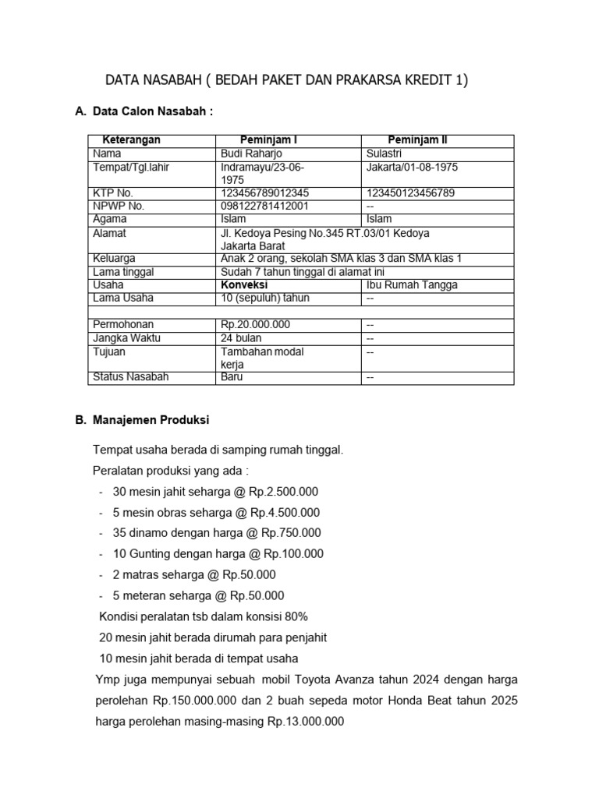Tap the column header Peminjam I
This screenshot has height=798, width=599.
coord(268,140)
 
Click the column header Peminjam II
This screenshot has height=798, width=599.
coord(417,140)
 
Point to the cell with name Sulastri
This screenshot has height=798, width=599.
coord(388,154)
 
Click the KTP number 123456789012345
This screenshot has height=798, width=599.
coord(265,192)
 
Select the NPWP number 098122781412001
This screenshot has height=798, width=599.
coord(265,206)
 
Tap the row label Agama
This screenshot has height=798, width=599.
coord(109,219)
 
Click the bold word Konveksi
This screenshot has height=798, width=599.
coord(246,284)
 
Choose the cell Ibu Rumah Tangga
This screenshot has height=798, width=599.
coord(412,284)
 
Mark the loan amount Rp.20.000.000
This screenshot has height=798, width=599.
coord(256,324)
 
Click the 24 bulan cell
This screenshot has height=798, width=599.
coord(242,338)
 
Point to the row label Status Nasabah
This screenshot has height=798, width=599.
coord(130,377)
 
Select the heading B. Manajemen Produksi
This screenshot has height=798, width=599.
coord(142,419)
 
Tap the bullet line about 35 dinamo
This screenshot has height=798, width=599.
coord(217,533)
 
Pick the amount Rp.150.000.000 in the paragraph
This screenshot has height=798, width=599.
coord(197,701)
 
